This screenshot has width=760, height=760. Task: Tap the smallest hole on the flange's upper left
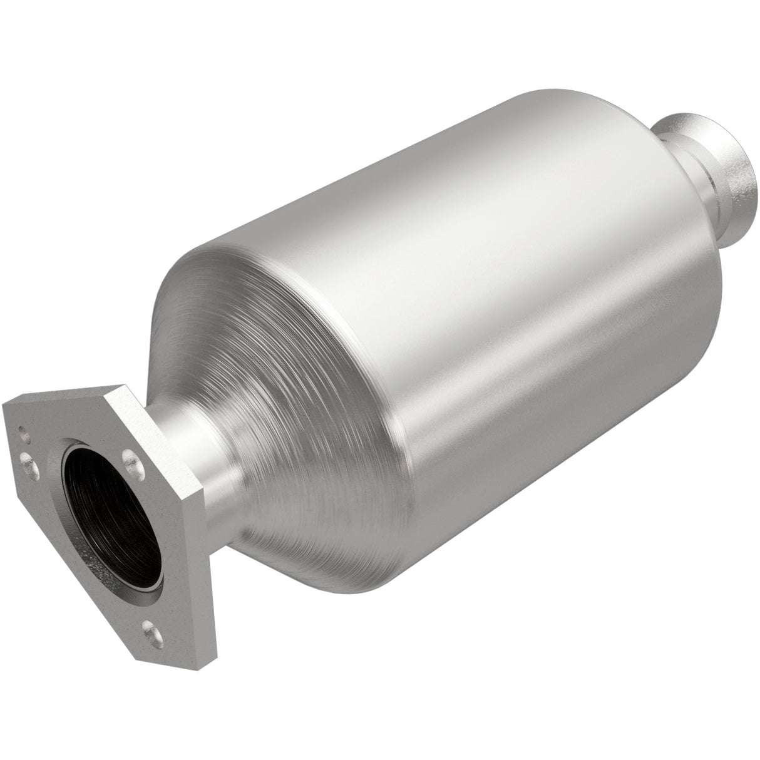[x=22, y=431]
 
